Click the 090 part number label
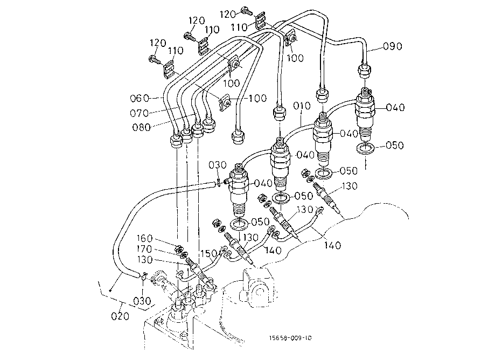click(392, 46)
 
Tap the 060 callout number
click(138, 98)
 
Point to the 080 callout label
click(142, 128)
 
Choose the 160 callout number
click(145, 239)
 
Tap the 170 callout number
click(145, 249)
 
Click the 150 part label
click(209, 253)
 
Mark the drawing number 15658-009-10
click(291, 338)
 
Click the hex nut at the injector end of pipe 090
click(364, 70)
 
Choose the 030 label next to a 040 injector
click(217, 164)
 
